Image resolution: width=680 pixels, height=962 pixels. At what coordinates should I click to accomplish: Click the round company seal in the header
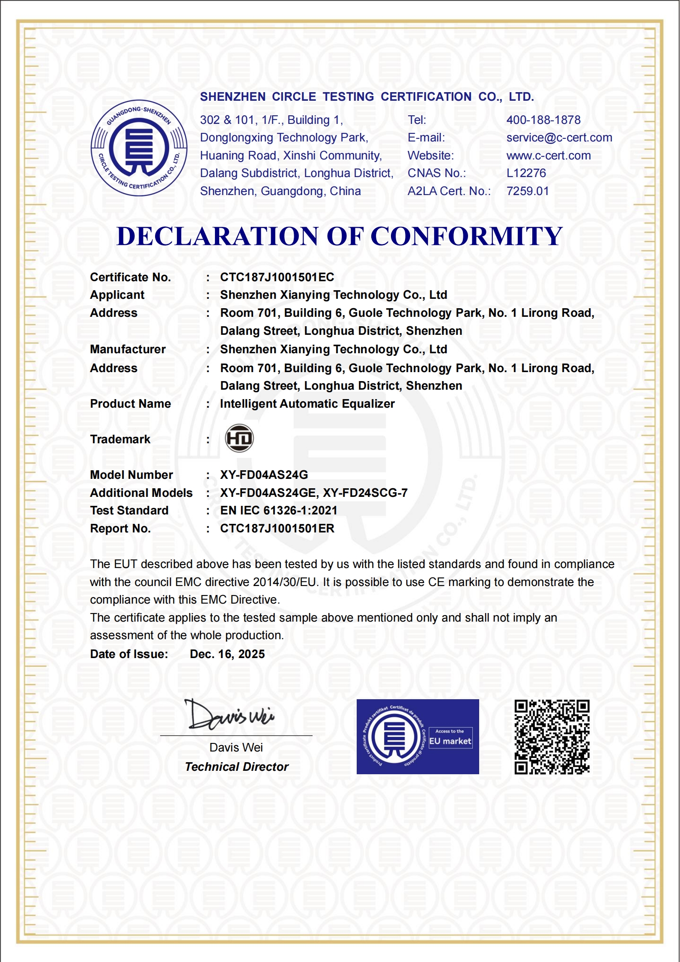(139, 148)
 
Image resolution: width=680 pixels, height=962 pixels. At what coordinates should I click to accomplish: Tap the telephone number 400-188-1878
(543, 120)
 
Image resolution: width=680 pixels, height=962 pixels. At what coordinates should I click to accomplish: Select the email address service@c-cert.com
(559, 138)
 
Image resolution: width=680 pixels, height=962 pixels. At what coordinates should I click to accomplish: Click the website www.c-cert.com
(548, 156)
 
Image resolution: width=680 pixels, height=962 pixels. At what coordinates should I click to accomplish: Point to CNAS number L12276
(526, 173)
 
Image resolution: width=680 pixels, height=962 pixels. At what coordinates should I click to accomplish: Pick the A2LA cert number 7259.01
(527, 191)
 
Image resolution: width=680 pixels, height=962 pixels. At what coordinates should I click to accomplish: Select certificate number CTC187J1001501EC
(277, 277)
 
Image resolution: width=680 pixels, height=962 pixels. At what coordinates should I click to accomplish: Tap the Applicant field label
(117, 295)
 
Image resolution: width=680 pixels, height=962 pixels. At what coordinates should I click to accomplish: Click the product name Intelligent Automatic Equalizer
(307, 404)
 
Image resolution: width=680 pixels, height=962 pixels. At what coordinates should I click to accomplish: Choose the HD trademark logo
(239, 438)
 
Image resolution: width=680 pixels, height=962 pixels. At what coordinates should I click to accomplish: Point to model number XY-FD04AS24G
(264, 475)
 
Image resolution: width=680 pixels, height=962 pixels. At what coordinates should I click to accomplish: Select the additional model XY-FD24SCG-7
(365, 493)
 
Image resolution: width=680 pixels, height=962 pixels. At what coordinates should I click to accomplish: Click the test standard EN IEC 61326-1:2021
(278, 511)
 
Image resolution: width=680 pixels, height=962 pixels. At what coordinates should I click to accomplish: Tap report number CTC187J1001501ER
(277, 529)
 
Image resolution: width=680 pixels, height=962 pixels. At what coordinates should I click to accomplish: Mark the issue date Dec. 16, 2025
(227, 654)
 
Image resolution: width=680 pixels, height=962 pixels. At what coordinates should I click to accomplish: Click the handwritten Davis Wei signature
(230, 715)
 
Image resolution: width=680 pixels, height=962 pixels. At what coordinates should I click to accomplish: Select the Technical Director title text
(236, 767)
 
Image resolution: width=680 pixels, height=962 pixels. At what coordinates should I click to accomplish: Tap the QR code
(552, 737)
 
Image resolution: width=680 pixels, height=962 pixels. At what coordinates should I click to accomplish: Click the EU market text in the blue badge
(450, 741)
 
